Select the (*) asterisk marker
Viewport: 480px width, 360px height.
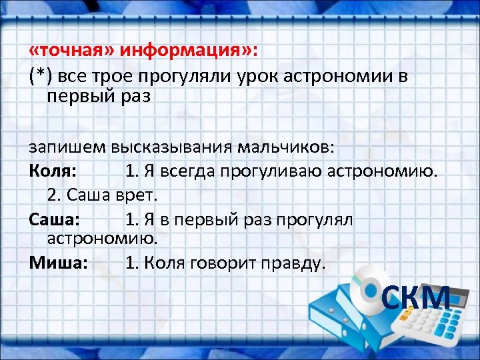[x=41, y=76]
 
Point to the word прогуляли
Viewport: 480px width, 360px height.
[x=183, y=76]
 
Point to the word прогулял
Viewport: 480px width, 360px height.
[x=319, y=219]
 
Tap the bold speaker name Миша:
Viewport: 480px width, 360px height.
[x=58, y=263]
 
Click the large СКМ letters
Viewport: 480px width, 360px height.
[x=417, y=298]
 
